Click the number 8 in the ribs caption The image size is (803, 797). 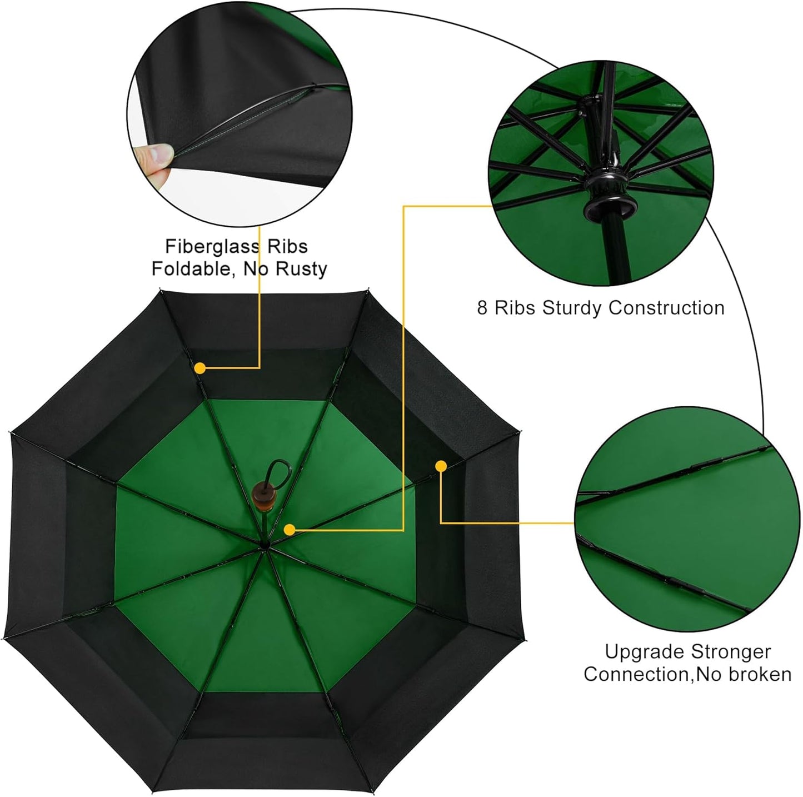click(x=482, y=308)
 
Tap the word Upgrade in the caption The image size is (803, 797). click(x=644, y=651)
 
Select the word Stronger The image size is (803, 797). click(x=731, y=651)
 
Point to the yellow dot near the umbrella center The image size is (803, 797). click(x=289, y=530)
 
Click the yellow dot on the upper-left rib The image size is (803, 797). click(x=200, y=368)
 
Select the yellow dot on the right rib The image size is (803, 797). click(x=441, y=466)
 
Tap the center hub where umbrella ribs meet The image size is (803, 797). click(x=265, y=547)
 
